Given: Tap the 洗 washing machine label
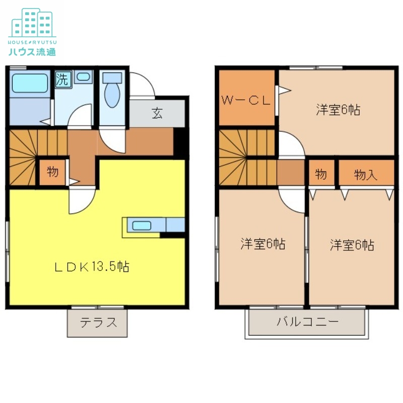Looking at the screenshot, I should pyautogui.click(x=62, y=80).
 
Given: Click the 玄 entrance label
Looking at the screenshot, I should pyautogui.click(x=157, y=113).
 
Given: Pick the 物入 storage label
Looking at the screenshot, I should pyautogui.click(x=366, y=175).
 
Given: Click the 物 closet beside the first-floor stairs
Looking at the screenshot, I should pyautogui.click(x=52, y=172).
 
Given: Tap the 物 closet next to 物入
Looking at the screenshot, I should pyautogui.click(x=321, y=175).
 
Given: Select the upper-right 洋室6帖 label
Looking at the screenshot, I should pyautogui.click(x=338, y=110).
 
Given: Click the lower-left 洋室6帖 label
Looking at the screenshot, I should pyautogui.click(x=262, y=244).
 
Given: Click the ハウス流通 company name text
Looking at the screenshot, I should pyautogui.click(x=32, y=51).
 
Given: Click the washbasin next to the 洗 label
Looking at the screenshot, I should pyautogui.click(x=84, y=77).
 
